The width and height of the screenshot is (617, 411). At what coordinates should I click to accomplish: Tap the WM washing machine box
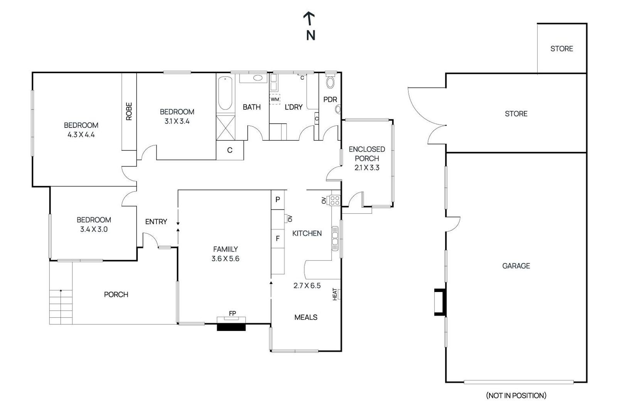coord(275,99)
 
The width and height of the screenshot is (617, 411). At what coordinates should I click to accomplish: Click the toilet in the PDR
coord(330,81)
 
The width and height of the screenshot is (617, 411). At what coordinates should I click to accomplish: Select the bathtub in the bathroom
coord(225,94)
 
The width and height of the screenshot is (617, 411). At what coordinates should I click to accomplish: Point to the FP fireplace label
coord(232,314)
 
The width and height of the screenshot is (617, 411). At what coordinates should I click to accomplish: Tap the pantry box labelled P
coord(277,200)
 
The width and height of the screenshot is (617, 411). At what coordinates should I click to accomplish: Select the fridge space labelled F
coord(277,239)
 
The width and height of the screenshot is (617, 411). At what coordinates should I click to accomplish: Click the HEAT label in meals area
coord(335,294)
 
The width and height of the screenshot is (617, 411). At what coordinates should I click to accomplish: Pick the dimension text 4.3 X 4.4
coord(81,135)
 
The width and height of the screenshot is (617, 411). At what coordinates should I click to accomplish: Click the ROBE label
coord(129,111)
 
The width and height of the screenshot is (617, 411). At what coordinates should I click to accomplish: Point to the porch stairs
coord(61,306)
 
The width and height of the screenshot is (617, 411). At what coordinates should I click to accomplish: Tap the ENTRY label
coord(156,221)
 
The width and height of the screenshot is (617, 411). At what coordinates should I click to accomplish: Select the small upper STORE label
coord(561,49)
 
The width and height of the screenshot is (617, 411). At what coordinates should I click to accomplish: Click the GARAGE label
coord(516,266)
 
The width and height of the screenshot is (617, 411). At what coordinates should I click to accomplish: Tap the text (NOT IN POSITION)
coord(516,395)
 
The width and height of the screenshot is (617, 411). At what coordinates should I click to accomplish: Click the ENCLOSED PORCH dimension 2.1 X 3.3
coord(367,168)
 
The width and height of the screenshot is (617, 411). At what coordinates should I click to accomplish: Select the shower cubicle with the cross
coord(226,127)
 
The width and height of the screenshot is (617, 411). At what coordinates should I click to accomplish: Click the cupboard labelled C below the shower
coord(229,150)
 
